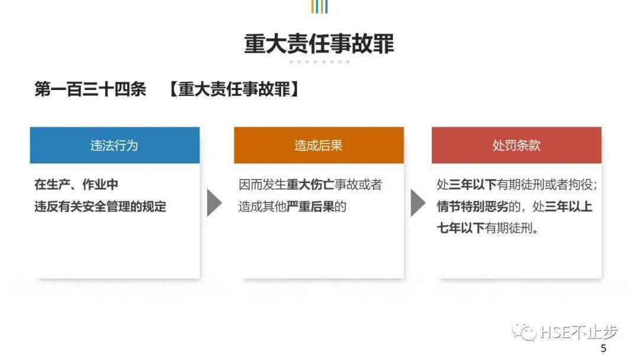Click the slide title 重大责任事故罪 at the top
319,44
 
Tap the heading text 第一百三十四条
90,89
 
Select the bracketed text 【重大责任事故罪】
234,89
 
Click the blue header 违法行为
115,145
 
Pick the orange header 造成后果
319,145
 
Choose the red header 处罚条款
517,145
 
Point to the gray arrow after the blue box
214,202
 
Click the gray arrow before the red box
417,202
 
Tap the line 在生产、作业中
76,184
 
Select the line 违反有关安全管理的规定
100,206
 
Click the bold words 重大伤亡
310,184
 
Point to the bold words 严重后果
310,206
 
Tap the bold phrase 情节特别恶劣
472,206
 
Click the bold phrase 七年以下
460,228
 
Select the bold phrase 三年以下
472,184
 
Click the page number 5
603,349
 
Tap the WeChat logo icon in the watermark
524,332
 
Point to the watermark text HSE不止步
579,332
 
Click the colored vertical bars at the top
319,7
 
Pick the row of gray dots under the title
319,62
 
